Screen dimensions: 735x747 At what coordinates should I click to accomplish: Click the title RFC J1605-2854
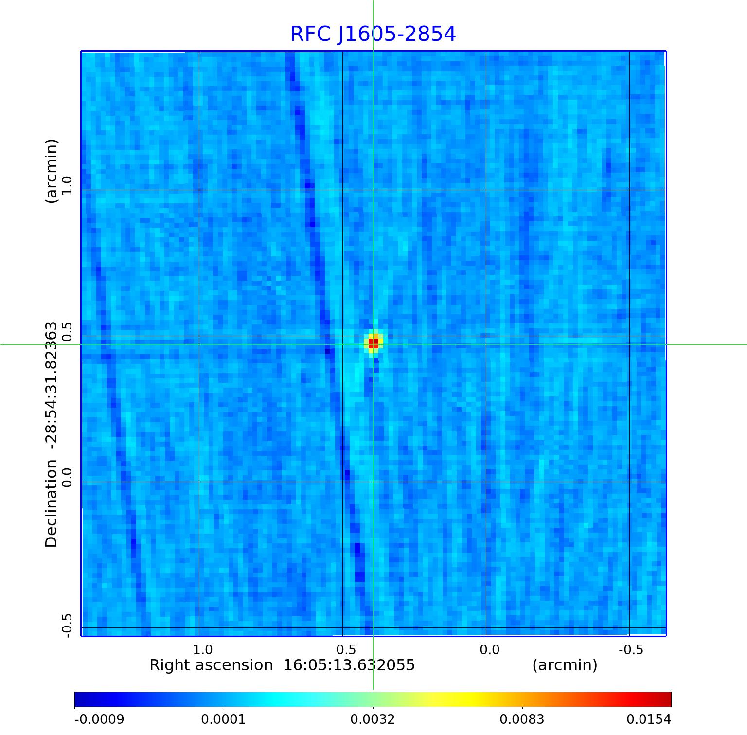coord(373,34)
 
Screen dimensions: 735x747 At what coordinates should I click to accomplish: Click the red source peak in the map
coord(373,342)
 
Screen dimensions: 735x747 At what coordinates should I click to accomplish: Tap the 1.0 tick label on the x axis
coord(202,649)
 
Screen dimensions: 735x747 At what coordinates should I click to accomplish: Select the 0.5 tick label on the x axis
coord(346,649)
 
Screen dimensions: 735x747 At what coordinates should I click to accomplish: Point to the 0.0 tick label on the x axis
coord(489,649)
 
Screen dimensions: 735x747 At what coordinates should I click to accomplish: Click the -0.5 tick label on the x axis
coord(631,649)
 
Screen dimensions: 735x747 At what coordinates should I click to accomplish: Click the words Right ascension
coord(211,665)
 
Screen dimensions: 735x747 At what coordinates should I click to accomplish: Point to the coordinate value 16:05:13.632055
coord(349,665)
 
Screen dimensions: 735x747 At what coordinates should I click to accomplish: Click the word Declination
coord(51,503)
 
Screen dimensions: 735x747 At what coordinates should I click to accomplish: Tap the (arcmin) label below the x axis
coord(565,665)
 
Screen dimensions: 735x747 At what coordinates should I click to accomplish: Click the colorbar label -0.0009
coord(99,719)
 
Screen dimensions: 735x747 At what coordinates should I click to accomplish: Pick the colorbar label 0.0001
coord(224,719)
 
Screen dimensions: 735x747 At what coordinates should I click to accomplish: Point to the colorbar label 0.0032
coord(373,719)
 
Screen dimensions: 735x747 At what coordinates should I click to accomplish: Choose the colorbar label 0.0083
coord(522,719)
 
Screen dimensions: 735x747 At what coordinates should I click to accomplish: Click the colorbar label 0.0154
coord(649,719)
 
